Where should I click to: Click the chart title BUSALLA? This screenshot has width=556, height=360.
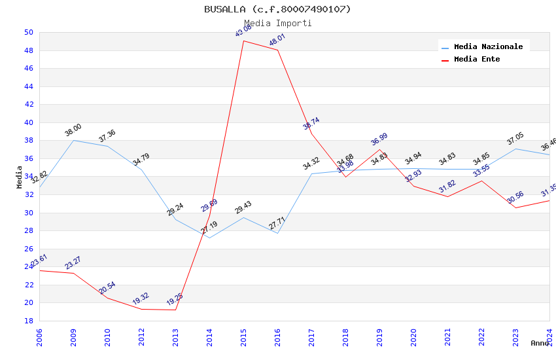coord(277,9)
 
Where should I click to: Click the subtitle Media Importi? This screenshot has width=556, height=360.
coord(277,23)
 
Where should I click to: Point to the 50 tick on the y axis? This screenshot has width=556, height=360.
coord(28,32)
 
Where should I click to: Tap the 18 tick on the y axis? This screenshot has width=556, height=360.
coord(28,321)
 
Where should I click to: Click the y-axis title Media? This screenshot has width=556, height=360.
coord(20,177)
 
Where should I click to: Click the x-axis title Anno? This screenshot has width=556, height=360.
coord(540,343)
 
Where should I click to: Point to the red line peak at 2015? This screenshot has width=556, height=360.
coord(243,41)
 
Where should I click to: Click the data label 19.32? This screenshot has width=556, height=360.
coord(141,298)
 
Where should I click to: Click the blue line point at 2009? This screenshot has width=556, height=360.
coord(73,140)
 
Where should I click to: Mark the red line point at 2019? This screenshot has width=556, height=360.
coord(379,149)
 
